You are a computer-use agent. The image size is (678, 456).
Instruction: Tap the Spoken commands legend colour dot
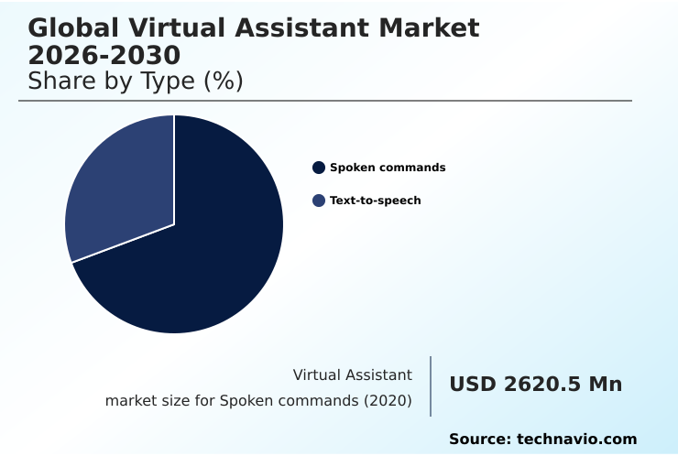(x=319, y=168)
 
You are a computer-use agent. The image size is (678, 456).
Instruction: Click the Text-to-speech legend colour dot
(x=319, y=201)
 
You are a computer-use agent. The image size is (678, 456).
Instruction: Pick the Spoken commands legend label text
(x=388, y=168)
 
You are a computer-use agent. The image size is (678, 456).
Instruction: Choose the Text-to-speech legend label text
(x=376, y=201)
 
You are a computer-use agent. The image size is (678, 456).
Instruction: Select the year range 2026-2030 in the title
(x=104, y=55)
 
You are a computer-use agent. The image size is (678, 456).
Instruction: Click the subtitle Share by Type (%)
(x=136, y=81)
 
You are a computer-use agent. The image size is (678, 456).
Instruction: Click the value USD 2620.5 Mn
(x=535, y=385)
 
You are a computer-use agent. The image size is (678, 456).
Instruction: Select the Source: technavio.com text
(x=542, y=440)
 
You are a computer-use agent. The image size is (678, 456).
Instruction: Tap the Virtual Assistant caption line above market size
(x=353, y=375)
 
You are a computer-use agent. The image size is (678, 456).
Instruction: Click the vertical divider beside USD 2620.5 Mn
(x=431, y=386)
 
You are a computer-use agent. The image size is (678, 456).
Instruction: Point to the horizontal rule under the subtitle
(x=325, y=101)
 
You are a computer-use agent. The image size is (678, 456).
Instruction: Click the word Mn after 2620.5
(x=606, y=385)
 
